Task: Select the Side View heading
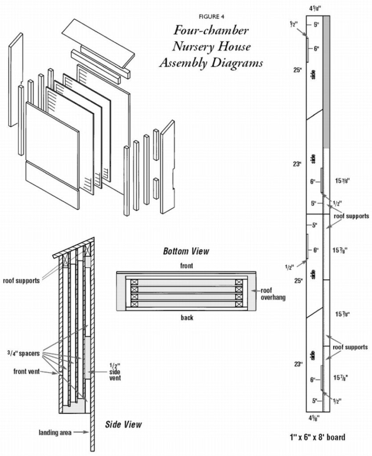[x=123, y=424]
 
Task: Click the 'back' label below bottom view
[x=187, y=318]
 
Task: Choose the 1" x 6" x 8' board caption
[x=316, y=437]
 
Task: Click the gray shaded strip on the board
[x=326, y=80]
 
